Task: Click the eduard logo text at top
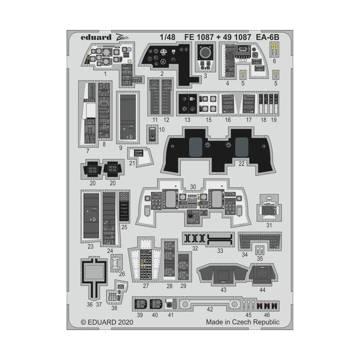(92, 37)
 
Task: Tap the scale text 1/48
(167, 37)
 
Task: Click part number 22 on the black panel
(241, 164)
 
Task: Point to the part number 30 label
(193, 187)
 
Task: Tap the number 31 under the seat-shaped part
(269, 225)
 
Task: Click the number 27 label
(146, 286)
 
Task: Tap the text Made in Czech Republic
(242, 322)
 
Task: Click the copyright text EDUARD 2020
(107, 322)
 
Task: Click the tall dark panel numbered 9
(127, 117)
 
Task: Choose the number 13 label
(187, 120)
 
